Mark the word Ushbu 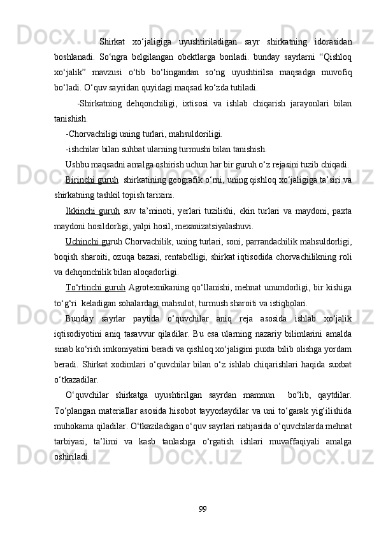[x=76, y=165]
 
